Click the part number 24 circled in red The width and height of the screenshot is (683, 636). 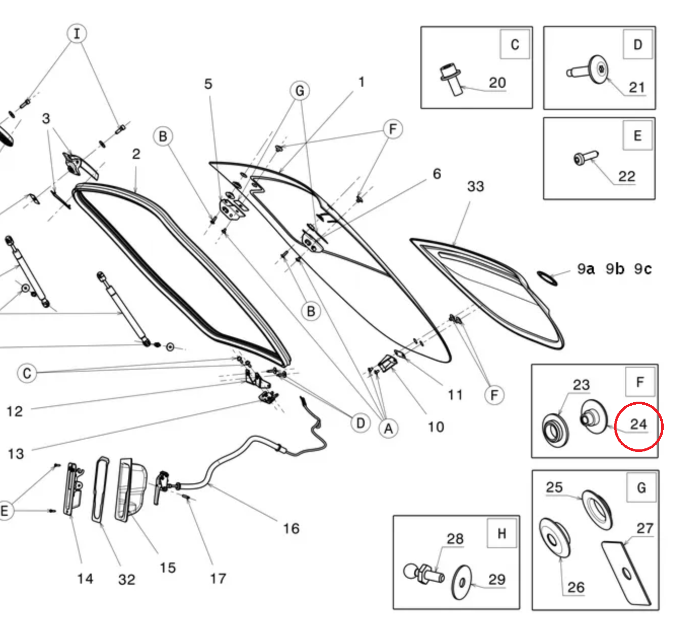pyautogui.click(x=638, y=424)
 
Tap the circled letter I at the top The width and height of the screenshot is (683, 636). pyautogui.click(x=77, y=34)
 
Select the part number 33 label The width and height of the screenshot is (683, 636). pyautogui.click(x=475, y=187)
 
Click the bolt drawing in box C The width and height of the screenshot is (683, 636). pyautogui.click(x=450, y=79)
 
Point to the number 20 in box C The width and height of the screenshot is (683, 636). pyautogui.click(x=497, y=82)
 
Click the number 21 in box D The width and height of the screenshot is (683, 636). pyautogui.click(x=636, y=87)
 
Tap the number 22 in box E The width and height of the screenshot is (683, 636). pyautogui.click(x=626, y=176)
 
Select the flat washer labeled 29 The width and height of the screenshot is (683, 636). pyautogui.click(x=461, y=582)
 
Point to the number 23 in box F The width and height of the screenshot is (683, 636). pyautogui.click(x=581, y=385)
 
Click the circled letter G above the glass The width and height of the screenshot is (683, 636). pyautogui.click(x=300, y=91)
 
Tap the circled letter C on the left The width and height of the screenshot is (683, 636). pyautogui.click(x=27, y=373)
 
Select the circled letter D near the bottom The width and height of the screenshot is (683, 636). pyautogui.click(x=360, y=423)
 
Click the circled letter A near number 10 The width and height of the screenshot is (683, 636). pyautogui.click(x=388, y=429)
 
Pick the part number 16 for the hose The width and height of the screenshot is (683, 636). pyautogui.click(x=291, y=528)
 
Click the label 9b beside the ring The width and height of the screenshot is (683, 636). pyautogui.click(x=615, y=269)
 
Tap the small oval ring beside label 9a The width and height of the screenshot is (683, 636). pyautogui.click(x=547, y=278)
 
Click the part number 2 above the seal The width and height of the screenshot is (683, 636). pyautogui.click(x=136, y=154)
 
